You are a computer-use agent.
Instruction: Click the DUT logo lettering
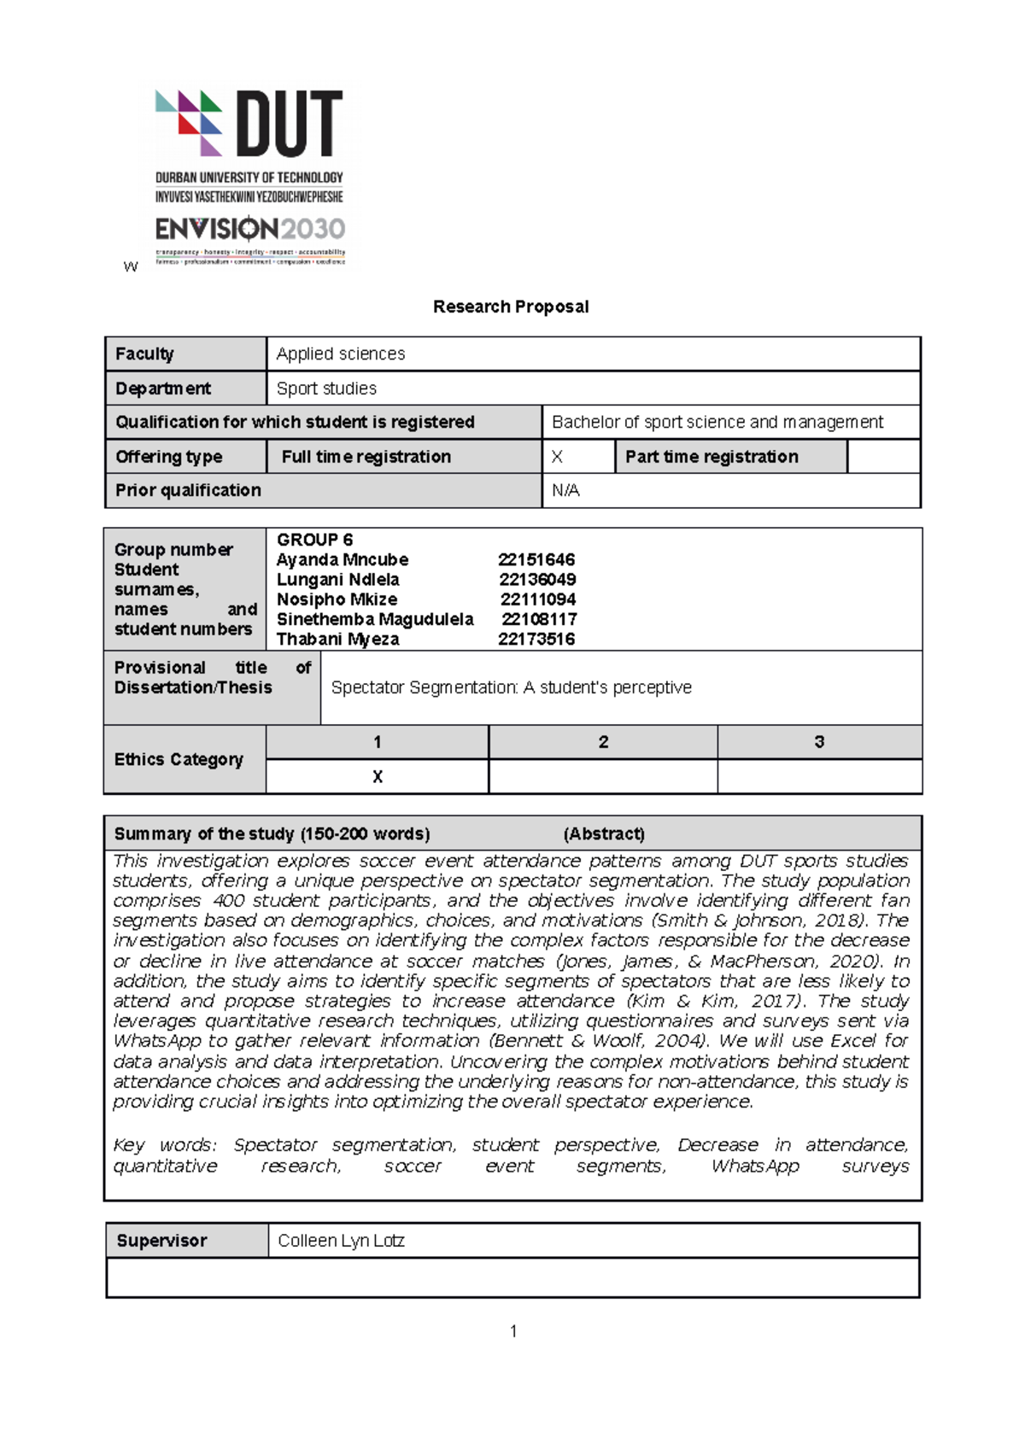click(x=289, y=125)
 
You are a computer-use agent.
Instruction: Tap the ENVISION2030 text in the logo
click(x=250, y=229)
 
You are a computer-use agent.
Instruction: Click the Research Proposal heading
click(x=511, y=307)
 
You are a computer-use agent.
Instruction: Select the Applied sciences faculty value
click(x=340, y=354)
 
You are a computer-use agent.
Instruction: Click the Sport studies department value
click(x=326, y=389)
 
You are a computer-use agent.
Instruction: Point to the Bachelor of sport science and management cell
click(x=717, y=422)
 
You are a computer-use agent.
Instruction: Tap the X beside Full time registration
click(x=557, y=457)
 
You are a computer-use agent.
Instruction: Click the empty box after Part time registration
click(x=883, y=457)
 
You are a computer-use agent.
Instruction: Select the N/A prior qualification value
click(x=565, y=491)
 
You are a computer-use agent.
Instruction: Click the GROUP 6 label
click(x=314, y=540)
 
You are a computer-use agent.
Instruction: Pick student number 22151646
click(x=536, y=560)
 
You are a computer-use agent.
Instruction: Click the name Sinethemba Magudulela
click(x=375, y=619)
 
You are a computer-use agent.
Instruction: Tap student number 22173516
click(x=536, y=640)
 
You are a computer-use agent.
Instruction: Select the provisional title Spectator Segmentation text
click(x=511, y=687)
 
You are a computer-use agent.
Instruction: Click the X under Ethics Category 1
click(x=378, y=777)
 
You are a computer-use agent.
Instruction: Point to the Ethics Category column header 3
click(x=819, y=742)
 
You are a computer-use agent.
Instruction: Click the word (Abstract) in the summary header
click(x=604, y=833)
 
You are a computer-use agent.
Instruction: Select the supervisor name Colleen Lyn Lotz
click(x=341, y=1241)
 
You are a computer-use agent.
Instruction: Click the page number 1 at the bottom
click(x=513, y=1331)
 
